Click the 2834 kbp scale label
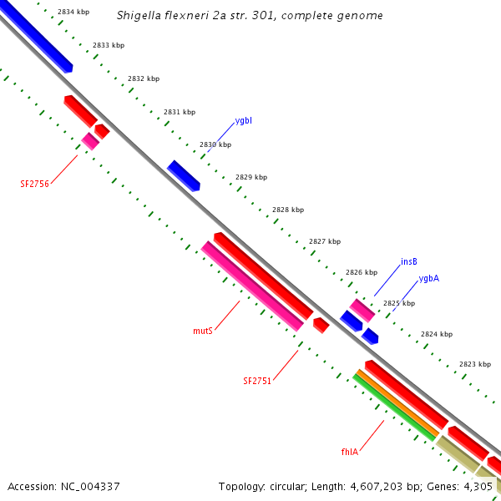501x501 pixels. coord(73,13)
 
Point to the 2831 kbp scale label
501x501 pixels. coord(180,112)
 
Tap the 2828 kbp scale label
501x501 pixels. coord(288,210)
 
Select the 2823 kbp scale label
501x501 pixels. coord(475,364)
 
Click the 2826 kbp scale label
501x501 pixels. coord(362,272)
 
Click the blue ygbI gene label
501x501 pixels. coord(244,121)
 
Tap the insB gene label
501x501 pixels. coord(409,261)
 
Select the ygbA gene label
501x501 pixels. coord(429,278)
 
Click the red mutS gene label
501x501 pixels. coord(203,331)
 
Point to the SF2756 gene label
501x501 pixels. coord(35,184)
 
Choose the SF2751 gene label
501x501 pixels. coord(257,381)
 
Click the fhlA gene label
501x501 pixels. coord(349,452)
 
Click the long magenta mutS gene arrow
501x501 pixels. coord(252,286)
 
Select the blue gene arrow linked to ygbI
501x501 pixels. coord(184,175)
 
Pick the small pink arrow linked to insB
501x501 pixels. coord(362,310)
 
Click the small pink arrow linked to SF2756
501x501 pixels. coord(90,141)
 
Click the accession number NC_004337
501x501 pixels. coord(89,486)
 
